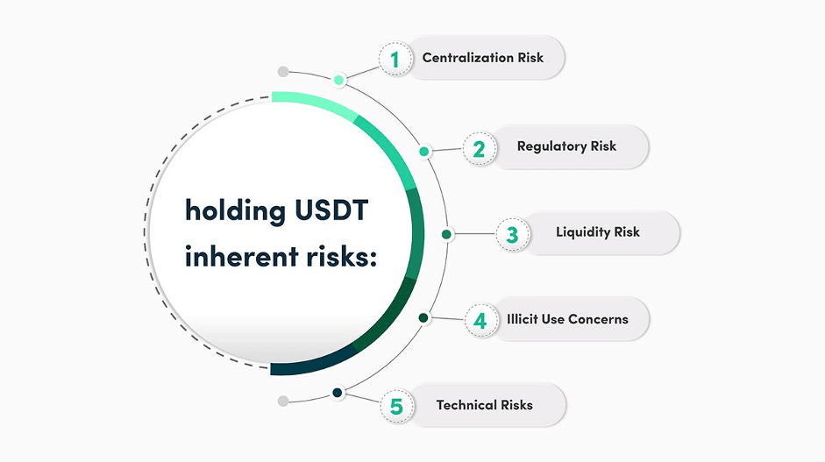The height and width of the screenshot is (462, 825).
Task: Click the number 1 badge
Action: click(395, 59)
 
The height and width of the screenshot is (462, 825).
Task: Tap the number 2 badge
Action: click(480, 149)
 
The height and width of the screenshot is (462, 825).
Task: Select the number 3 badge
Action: click(513, 234)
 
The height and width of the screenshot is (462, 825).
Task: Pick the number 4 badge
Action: click(481, 320)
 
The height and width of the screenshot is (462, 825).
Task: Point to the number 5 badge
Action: click(396, 406)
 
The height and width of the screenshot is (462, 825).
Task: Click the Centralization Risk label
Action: click(482, 58)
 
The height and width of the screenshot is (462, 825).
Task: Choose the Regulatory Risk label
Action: click(566, 146)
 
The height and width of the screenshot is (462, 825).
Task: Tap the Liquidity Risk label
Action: click(598, 232)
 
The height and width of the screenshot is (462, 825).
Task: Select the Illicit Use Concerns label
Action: click(567, 319)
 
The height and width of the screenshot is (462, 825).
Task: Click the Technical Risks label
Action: click(484, 405)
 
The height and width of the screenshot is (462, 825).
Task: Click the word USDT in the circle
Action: click(331, 210)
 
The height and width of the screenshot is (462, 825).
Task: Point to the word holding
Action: click(235, 211)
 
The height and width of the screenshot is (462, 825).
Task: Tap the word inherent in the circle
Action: click(241, 256)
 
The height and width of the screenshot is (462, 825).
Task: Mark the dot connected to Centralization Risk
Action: click(338, 80)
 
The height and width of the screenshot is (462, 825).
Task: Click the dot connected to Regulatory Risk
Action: click(424, 152)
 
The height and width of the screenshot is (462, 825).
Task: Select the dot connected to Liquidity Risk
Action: click(446, 234)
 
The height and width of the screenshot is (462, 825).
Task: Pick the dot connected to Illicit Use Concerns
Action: click(423, 318)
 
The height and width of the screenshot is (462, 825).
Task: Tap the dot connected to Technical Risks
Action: click(338, 393)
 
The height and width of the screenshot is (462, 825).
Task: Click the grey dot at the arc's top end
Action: click(283, 72)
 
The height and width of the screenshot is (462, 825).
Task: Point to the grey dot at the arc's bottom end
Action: click(283, 401)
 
